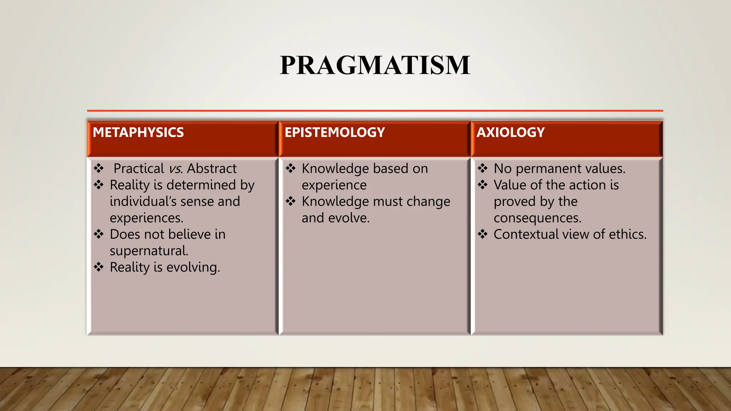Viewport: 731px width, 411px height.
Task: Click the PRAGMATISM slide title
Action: tap(375, 65)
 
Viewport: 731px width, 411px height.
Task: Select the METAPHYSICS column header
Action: tap(138, 132)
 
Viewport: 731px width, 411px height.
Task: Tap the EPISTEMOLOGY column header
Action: tap(334, 132)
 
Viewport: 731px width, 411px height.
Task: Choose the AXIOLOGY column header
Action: tap(510, 132)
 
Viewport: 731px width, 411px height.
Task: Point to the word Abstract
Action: tap(211, 168)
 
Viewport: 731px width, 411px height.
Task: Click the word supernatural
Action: tap(148, 251)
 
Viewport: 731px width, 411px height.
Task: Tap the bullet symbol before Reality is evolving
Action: tap(99, 267)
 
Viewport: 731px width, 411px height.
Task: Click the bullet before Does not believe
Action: tap(99, 234)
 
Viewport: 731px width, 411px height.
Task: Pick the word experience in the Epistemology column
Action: tap(334, 185)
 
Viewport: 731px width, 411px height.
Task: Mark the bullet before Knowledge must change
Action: tap(291, 201)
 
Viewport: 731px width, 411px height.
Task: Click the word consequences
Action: tap(537, 218)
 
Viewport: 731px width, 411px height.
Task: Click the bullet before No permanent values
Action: tap(483, 168)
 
